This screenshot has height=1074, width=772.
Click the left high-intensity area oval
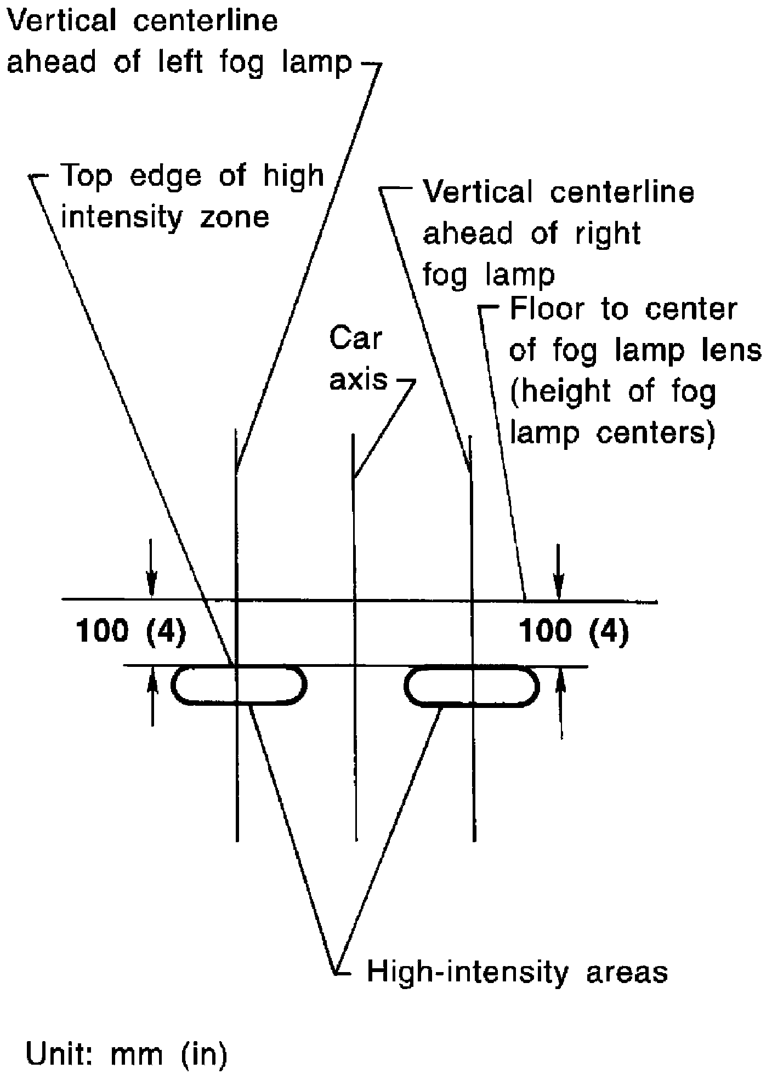pyautogui.click(x=239, y=684)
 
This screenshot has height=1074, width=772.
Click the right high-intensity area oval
pyautogui.click(x=472, y=684)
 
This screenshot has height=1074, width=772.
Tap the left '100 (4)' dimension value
pyautogui.click(x=131, y=631)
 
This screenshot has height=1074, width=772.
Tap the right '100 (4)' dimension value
pyautogui.click(x=574, y=631)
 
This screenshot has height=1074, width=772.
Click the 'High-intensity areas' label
pyautogui.click(x=517, y=972)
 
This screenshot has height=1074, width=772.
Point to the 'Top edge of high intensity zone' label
pyautogui.click(x=192, y=196)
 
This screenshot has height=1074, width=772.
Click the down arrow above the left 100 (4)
pyautogui.click(x=151, y=576)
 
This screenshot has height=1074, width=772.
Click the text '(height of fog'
pyautogui.click(x=614, y=391)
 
